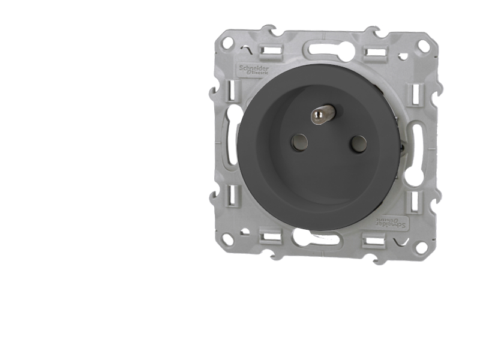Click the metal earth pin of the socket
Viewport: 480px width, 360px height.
(322, 113)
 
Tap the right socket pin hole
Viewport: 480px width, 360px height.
(358, 143)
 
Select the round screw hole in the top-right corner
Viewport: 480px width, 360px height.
(423, 46)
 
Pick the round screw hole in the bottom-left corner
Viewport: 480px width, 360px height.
(227, 239)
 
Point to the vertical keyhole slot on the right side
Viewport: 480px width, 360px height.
(414, 153)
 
